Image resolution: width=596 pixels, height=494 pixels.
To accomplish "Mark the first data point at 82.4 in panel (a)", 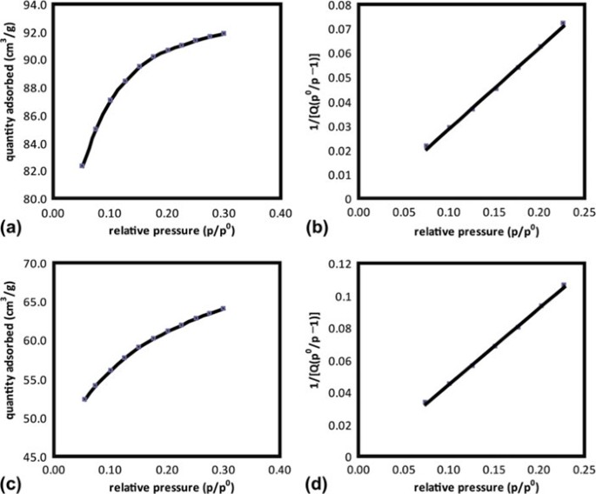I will coord(82,165).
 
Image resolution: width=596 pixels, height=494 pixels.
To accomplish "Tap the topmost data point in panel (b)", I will coord(563,23).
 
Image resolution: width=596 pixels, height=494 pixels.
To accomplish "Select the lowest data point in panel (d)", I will coord(425,403).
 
